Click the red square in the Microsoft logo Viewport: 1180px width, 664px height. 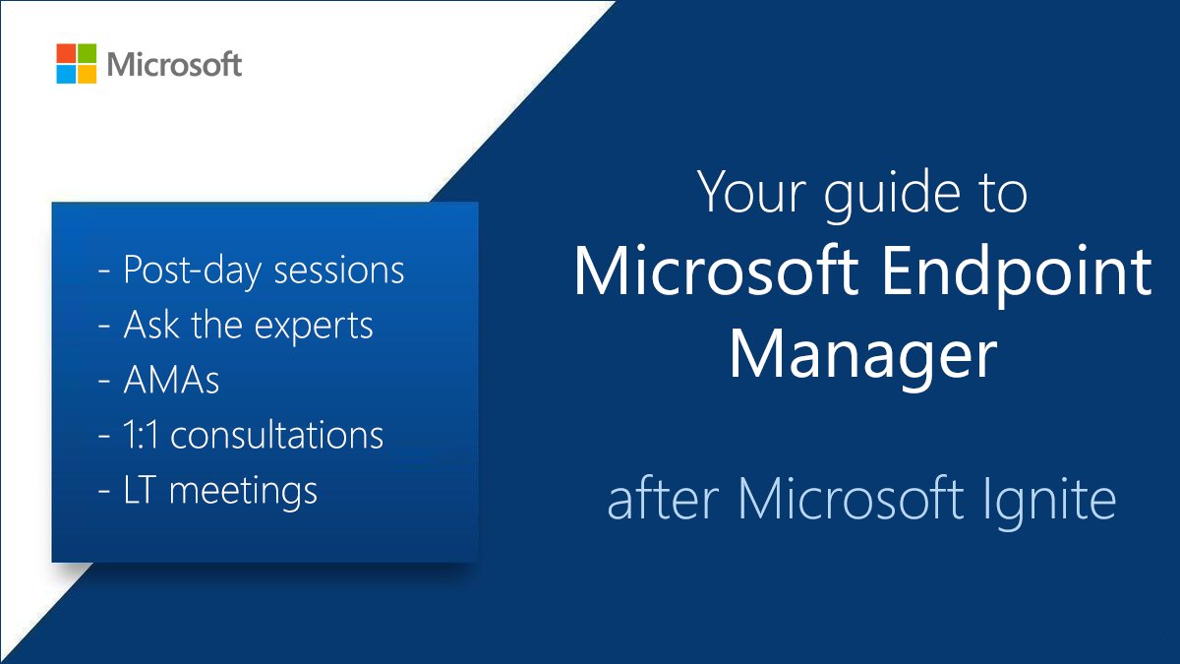tap(66, 53)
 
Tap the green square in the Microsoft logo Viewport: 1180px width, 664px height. tap(88, 53)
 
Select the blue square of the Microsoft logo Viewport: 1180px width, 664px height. tap(66, 75)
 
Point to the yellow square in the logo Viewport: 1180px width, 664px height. tap(88, 75)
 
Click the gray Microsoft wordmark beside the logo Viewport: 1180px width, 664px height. tap(174, 65)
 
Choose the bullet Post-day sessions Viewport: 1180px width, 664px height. tap(252, 271)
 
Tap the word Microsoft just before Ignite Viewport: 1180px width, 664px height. tap(852, 499)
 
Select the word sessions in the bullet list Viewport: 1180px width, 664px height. tap(343, 271)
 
